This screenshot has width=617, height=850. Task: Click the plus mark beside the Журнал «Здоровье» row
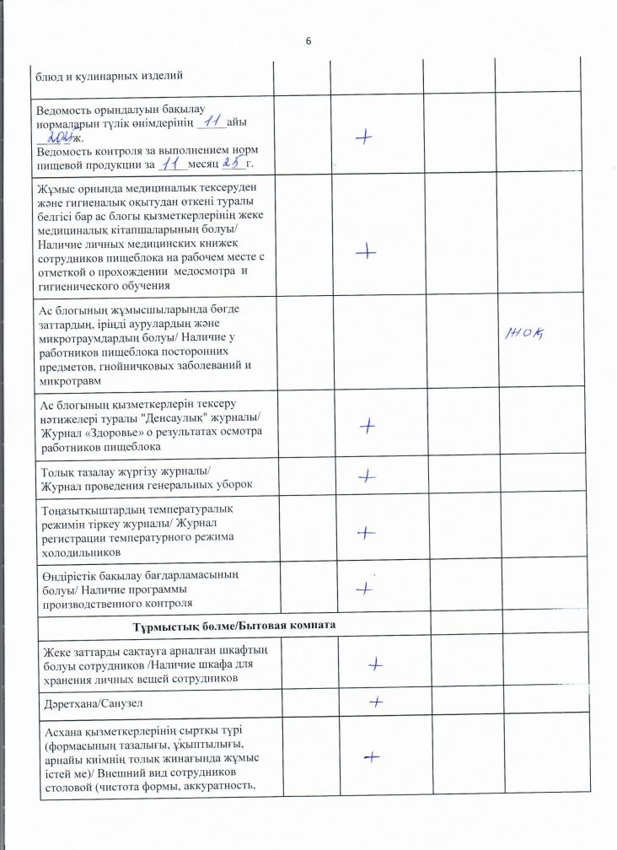[x=367, y=427]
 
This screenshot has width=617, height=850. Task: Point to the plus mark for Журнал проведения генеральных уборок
[x=366, y=476]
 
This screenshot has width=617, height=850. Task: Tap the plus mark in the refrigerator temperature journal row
[x=366, y=532]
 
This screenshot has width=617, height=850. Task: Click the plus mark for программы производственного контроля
[x=365, y=588]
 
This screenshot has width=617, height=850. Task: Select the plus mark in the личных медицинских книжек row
[x=366, y=250]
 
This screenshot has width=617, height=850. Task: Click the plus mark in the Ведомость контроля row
[x=365, y=139]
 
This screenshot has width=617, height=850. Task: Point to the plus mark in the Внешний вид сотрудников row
[x=368, y=758]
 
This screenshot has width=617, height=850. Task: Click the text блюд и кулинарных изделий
[x=110, y=77]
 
